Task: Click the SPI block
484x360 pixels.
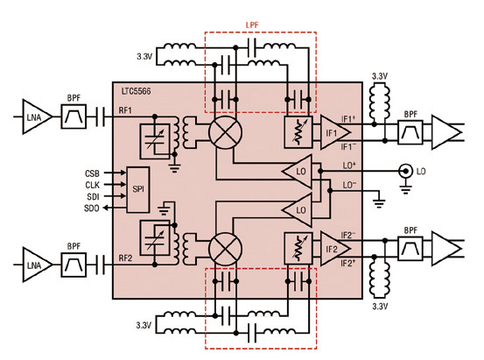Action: pos(138,190)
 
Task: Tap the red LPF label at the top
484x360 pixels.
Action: pos(252,25)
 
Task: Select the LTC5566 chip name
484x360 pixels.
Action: pos(137,91)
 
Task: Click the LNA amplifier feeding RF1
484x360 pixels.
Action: pos(37,116)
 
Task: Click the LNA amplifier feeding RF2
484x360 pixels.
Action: pos(37,265)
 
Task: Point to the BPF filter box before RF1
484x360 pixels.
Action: pos(74,116)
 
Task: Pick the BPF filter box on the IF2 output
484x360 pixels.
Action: pos(410,248)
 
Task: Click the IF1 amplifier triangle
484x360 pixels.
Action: pos(335,132)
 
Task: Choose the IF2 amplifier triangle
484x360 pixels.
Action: pos(335,249)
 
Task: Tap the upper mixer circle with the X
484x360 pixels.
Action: pos(225,133)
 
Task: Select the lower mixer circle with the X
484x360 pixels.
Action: pos(225,249)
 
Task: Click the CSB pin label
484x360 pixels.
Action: pos(92,173)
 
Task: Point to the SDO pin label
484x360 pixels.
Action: pos(92,208)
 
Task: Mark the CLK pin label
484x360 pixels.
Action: pos(92,185)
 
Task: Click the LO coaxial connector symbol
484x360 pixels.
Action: pos(405,171)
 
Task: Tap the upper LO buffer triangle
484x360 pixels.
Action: pos(298,171)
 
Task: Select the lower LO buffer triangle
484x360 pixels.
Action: pos(298,210)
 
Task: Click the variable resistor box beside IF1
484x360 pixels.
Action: pos(298,132)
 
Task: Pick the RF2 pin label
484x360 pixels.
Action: pos(125,258)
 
